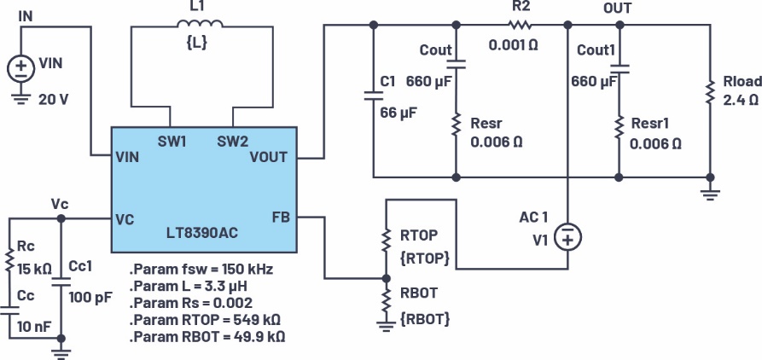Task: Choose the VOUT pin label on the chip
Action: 268,157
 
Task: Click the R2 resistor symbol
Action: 521,24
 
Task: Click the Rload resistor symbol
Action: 709,90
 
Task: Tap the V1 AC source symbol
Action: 566,237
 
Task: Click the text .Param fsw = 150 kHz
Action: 201,270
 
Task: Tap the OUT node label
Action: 616,8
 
